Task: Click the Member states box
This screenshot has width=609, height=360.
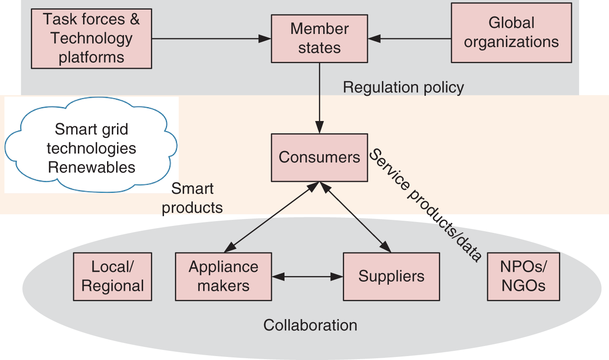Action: [x=319, y=39]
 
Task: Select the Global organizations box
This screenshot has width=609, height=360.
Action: [x=512, y=33]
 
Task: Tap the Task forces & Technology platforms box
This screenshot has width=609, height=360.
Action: [x=91, y=38]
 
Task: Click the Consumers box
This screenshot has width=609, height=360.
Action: [x=319, y=158]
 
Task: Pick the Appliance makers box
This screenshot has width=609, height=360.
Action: [x=224, y=276]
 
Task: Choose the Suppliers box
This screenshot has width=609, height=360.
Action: [x=391, y=276]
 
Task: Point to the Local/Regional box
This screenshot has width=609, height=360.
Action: [x=113, y=276]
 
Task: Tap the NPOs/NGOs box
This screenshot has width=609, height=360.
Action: [x=523, y=276]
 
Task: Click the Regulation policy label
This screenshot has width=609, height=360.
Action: [x=403, y=87]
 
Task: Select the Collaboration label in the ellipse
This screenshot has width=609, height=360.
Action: [x=310, y=325]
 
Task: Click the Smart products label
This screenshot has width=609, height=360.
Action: [x=192, y=198]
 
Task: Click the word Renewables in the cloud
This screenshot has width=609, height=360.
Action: [x=92, y=167]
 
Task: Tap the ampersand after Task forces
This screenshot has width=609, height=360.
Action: [x=134, y=19]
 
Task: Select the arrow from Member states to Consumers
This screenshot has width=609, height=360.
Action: [x=319, y=98]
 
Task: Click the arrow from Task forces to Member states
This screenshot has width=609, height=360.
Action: [x=211, y=39]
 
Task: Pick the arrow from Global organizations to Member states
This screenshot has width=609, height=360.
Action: [x=409, y=39]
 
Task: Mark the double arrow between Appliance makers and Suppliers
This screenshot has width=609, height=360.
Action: [x=308, y=277]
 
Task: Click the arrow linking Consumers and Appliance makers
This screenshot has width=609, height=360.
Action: [x=271, y=217]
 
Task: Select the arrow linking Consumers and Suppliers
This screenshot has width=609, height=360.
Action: [x=355, y=217]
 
